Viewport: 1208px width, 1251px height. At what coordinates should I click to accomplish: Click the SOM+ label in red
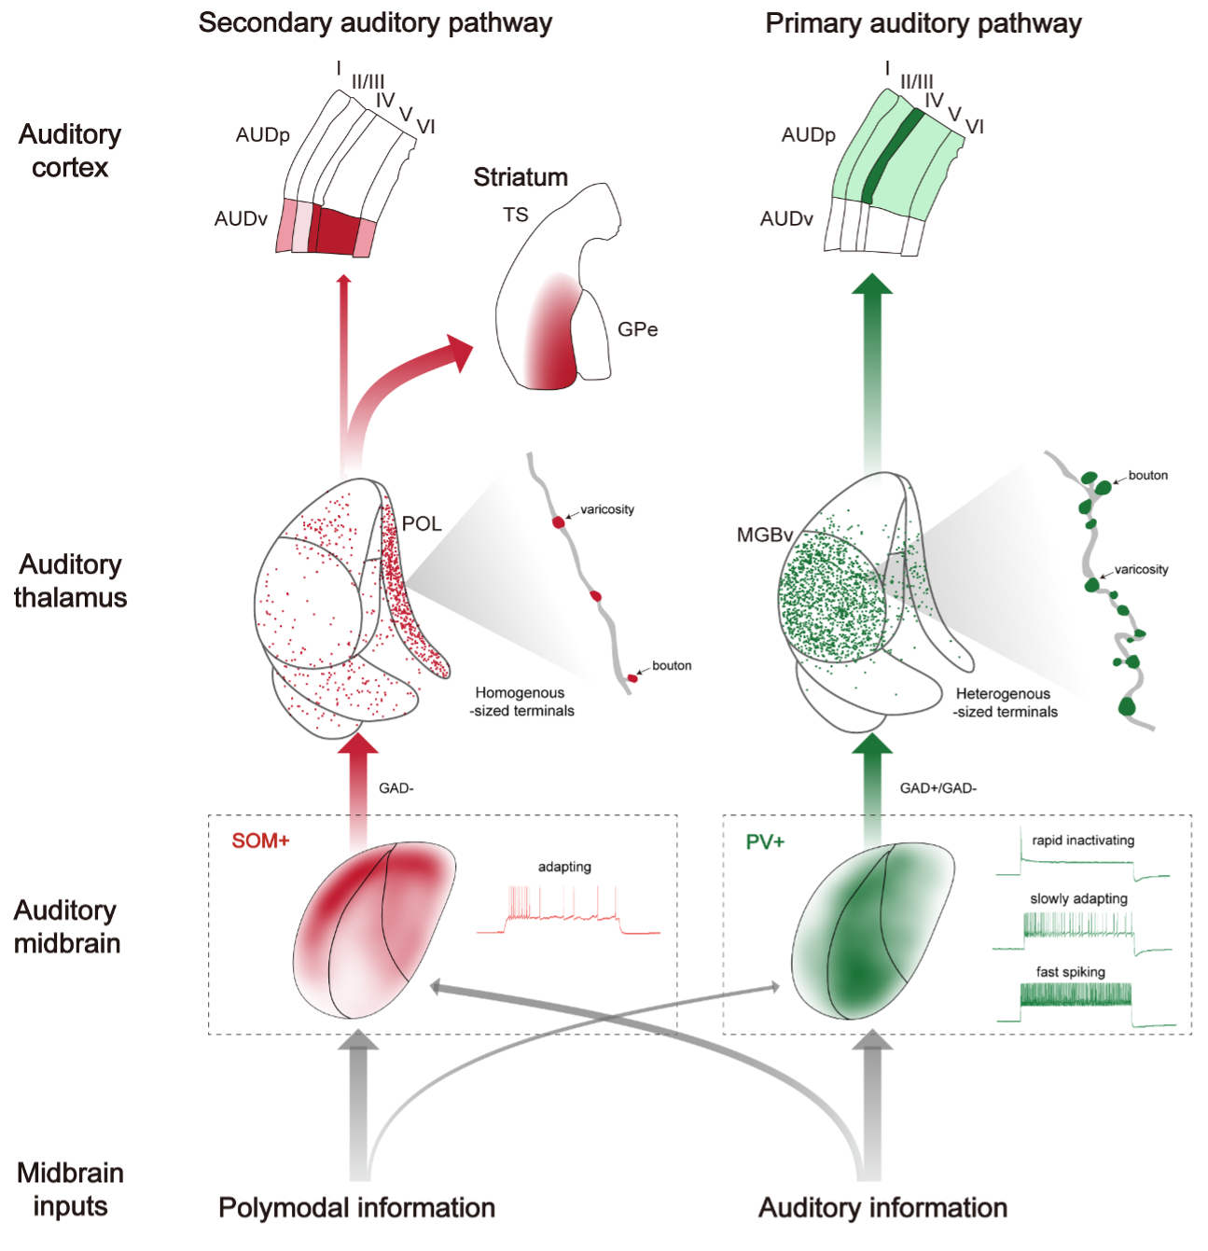coord(260,841)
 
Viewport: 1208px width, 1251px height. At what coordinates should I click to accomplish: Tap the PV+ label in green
coord(765,841)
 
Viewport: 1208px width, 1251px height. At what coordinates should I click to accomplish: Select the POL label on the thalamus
coord(422,523)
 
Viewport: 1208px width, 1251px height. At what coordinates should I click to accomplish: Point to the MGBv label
coord(764,535)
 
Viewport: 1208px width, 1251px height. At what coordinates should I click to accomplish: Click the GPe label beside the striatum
coord(637,329)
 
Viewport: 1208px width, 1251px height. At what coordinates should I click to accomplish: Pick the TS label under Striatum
coord(515,215)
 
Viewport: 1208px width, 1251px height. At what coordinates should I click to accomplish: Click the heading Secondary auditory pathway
coord(375,23)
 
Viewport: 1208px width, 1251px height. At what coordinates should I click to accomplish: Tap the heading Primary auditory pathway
coord(923,24)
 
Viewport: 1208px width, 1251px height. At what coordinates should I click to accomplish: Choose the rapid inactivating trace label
coord(1083,840)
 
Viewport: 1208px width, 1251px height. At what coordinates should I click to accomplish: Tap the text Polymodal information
coord(356,1207)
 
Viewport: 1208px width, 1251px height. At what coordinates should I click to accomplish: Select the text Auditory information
coord(882,1207)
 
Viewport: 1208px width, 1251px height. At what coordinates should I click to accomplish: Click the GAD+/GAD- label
coord(937,788)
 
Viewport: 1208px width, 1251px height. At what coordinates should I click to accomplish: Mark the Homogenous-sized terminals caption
coord(521,702)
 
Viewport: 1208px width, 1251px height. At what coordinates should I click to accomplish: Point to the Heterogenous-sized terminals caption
coord(1005,702)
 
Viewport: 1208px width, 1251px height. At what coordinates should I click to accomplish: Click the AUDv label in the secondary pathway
coord(241,218)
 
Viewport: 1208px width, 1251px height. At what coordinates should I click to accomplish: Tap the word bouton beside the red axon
coord(672,665)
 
